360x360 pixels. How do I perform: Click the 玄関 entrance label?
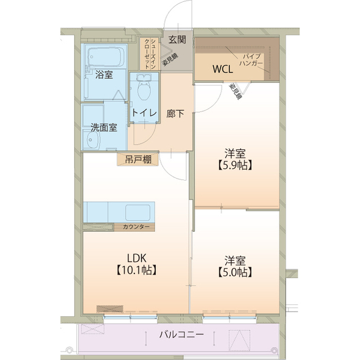[x=177, y=40]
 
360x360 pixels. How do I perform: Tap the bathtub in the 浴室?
[x=106, y=57]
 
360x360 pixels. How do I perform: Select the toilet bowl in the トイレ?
[x=144, y=88]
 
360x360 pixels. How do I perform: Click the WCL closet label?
[x=223, y=69]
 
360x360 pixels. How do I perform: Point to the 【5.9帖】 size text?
[x=235, y=165]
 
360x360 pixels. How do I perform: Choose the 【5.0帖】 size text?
[x=235, y=272]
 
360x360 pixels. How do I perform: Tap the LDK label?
[x=137, y=258]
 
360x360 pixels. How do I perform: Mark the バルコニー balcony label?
[x=182, y=334]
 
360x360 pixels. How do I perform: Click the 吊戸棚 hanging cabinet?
[x=138, y=159]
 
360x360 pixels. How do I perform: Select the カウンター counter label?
[x=136, y=227]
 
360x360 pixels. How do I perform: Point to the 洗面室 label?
[x=103, y=128]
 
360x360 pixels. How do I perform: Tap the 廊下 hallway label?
[x=175, y=114]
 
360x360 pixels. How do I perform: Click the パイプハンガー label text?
[x=251, y=60]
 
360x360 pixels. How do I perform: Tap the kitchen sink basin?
[x=138, y=213]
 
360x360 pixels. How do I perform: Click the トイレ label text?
[x=145, y=112]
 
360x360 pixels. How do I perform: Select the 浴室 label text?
[x=104, y=75]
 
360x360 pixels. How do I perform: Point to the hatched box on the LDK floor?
[x=110, y=309]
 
